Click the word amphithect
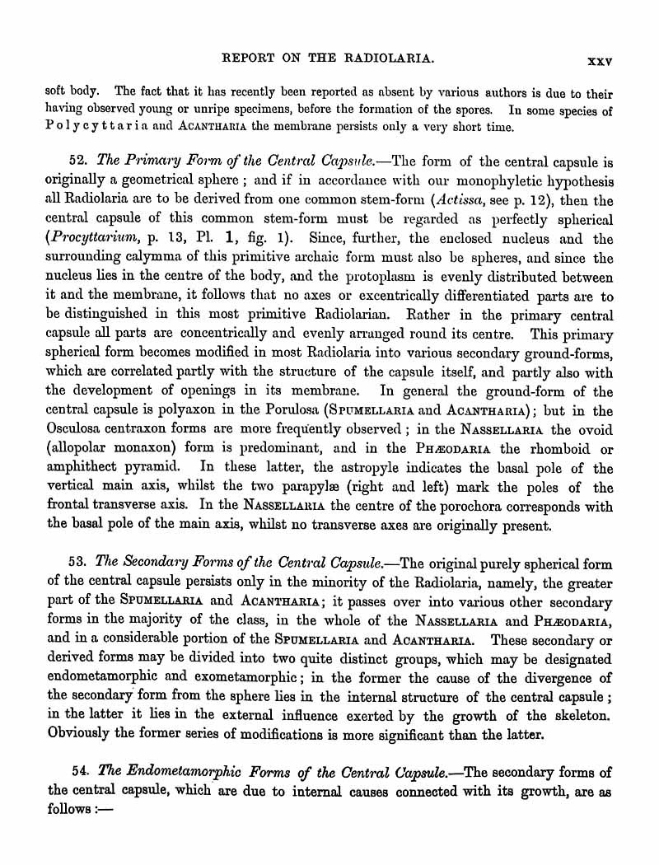point(81,470)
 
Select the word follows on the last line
point(70,810)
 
